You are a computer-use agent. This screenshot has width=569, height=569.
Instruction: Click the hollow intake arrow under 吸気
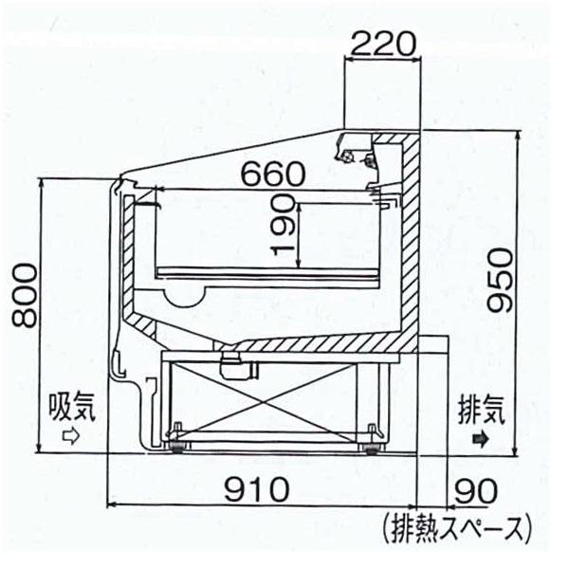(x=70, y=437)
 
